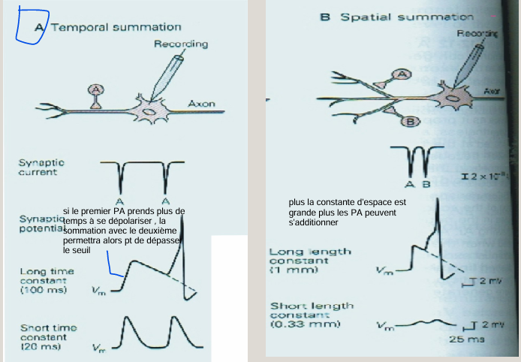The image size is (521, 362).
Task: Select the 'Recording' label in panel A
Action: [181, 44]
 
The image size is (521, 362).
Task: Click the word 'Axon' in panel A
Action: [201, 104]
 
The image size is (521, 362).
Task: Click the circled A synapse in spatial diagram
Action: [403, 74]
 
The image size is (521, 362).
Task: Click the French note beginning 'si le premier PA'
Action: [123, 230]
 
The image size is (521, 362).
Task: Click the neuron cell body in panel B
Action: [456, 95]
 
